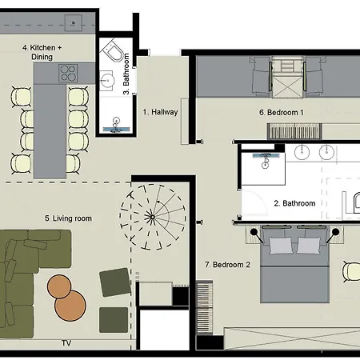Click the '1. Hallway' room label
click(160, 112)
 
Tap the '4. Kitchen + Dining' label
click(42, 52)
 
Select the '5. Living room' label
click(68, 218)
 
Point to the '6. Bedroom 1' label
click(282, 113)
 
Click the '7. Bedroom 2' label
click(228, 265)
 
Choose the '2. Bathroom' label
click(294, 203)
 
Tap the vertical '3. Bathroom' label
click(126, 74)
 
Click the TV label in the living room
click(66, 343)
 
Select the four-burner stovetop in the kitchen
click(68, 73)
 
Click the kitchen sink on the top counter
click(74, 23)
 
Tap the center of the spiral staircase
click(153, 217)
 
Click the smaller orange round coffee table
click(59, 286)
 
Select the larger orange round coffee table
click(70, 306)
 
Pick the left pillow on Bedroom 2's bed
click(280, 246)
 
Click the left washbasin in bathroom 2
click(302, 152)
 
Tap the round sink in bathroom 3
click(107, 80)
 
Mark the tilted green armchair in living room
click(115, 282)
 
